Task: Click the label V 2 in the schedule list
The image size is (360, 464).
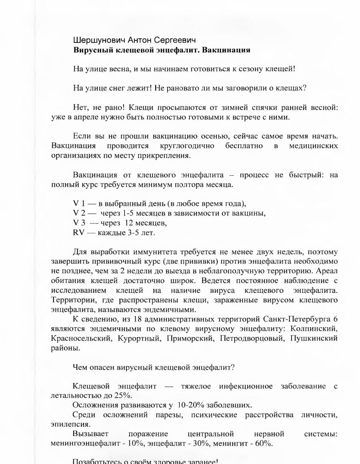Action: [x=79, y=213]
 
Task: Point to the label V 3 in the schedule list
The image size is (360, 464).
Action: [x=79, y=223]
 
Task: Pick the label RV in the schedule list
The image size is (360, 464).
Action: [x=79, y=232]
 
